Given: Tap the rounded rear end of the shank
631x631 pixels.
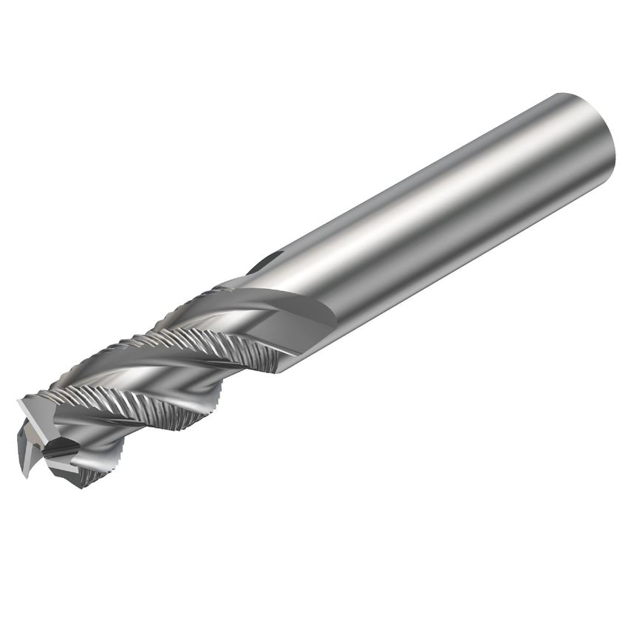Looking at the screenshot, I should [591, 133].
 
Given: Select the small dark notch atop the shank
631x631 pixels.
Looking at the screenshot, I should [267, 259].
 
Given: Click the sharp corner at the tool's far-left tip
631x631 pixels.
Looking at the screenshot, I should [19, 403].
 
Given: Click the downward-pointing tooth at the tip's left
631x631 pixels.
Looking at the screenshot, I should [26, 462].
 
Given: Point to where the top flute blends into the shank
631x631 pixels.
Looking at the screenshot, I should [236, 284].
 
